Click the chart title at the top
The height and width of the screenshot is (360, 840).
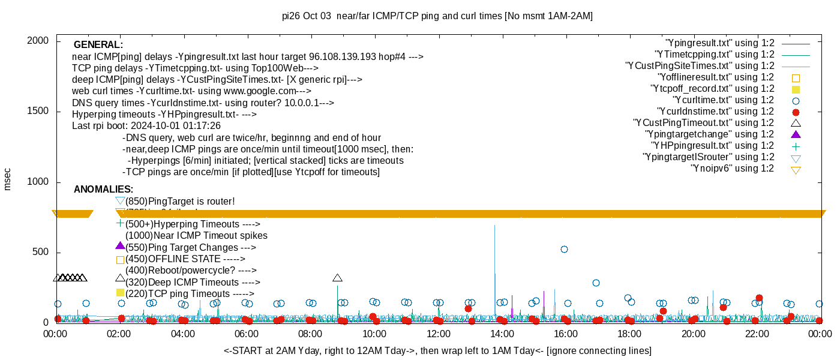click(x=437, y=16)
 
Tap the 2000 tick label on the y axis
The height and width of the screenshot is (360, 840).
click(x=40, y=41)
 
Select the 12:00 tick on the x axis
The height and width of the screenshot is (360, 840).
click(x=438, y=334)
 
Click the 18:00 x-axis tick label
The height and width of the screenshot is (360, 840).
click(x=629, y=334)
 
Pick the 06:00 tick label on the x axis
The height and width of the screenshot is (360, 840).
click(x=247, y=334)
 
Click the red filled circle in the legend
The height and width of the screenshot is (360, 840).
click(x=796, y=112)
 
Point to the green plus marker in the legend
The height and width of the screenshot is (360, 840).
click(x=796, y=146)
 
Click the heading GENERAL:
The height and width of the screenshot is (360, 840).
click(x=98, y=45)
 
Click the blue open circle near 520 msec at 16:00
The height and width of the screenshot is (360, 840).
click(x=564, y=249)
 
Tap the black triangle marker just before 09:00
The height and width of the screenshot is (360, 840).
click(x=338, y=278)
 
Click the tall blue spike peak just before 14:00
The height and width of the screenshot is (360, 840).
click(x=494, y=226)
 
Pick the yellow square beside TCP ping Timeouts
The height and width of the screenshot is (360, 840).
click(x=120, y=293)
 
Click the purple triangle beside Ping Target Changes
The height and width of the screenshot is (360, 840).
click(x=120, y=246)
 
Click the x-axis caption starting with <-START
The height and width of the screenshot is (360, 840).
click(x=437, y=350)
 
